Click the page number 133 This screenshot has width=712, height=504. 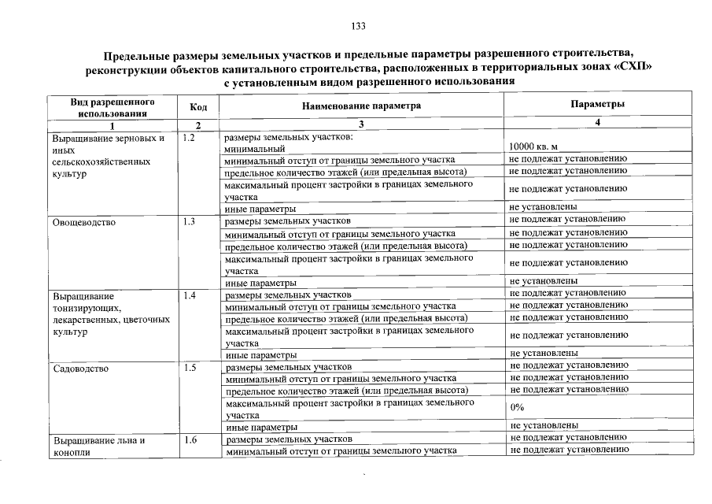pos(359,26)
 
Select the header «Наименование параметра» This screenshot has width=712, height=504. pos(361,106)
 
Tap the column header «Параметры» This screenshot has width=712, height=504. pos(597,104)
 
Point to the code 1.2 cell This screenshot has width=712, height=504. pos(189,138)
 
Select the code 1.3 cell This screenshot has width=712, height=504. pos(189,222)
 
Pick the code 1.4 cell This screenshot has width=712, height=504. pos(189,295)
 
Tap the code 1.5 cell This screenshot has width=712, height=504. pos(189,368)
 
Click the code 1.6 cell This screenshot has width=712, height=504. pos(189,440)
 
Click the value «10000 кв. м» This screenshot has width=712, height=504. pos(533,147)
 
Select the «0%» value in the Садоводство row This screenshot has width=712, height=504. pos(517,407)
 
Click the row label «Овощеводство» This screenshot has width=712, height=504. pos(84,222)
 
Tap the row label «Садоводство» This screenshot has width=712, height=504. pos(80,368)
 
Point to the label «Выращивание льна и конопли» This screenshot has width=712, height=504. pos(99,447)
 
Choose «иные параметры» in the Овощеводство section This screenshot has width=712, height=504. pos(260,281)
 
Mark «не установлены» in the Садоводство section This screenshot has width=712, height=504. pos(544,425)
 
